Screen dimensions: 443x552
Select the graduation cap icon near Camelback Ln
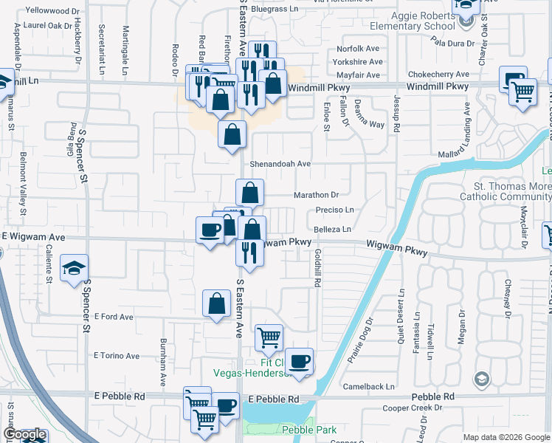tap(481, 380)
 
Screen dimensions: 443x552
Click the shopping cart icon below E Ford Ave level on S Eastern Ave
tap(269, 337)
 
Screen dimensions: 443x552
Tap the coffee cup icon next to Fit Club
tap(300, 362)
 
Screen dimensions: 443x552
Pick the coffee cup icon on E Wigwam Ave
tap(210, 230)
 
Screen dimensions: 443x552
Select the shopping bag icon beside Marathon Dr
tap(250, 193)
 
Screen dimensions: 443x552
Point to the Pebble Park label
tap(308, 430)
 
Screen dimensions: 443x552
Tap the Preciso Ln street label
tap(335, 210)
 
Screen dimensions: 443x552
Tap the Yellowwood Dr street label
tap(52, 11)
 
